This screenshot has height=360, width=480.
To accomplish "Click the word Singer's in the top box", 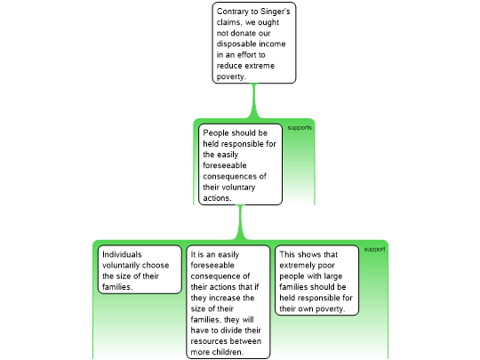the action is tap(275, 12).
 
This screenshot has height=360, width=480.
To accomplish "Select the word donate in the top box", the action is tap(244, 33).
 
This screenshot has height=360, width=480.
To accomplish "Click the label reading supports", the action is tap(300, 128).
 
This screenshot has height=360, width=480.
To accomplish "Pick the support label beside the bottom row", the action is tap(374, 249).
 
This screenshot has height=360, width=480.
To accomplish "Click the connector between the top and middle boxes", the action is tap(253, 100).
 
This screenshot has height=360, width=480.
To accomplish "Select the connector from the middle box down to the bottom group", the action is tap(241, 222).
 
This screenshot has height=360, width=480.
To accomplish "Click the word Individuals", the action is tap(122, 254).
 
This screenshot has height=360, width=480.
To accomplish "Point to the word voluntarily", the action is tap(121, 266).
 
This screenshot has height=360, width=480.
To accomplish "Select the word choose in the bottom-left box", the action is tap(156, 266).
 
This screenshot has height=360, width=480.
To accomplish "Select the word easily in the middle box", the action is tap(227, 155).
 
